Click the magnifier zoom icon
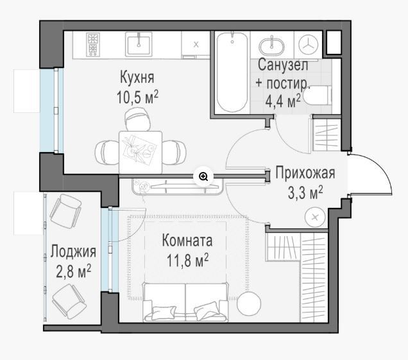(x=203, y=176)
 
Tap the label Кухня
(x=137, y=77)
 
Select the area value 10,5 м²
(x=137, y=97)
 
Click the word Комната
(x=187, y=240)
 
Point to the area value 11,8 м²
(x=187, y=261)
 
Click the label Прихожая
(x=305, y=173)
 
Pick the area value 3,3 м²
(x=305, y=193)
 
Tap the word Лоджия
(x=73, y=252)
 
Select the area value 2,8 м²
(x=73, y=271)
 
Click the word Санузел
(x=283, y=65)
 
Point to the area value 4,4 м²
(x=283, y=101)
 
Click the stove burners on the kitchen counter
(x=93, y=44)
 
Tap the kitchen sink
(x=139, y=44)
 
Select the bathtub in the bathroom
(x=232, y=72)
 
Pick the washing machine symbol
(x=309, y=45)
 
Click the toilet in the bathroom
(x=318, y=95)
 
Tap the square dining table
(x=140, y=152)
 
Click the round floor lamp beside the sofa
(x=249, y=304)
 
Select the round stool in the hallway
(x=315, y=218)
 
